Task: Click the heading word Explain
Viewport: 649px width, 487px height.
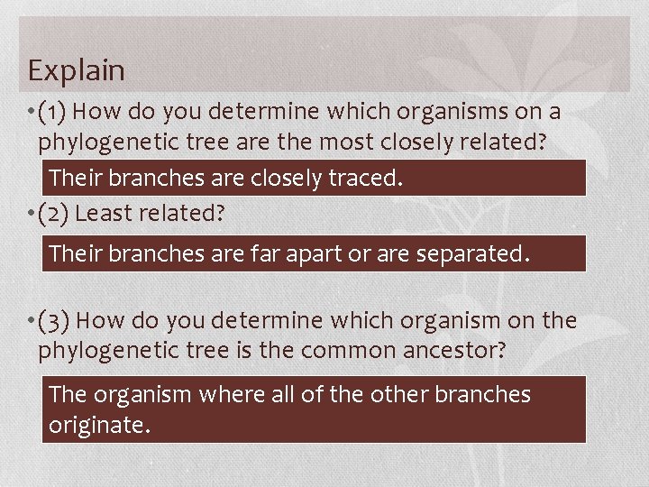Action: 76,69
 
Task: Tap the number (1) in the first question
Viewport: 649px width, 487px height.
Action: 53,112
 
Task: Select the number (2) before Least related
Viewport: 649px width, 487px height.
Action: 54,214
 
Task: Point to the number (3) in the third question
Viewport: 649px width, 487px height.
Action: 54,321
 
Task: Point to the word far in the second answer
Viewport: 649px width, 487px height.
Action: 261,254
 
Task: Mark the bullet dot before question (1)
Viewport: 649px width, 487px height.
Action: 32,113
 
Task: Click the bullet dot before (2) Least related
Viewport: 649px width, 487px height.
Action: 32,215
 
